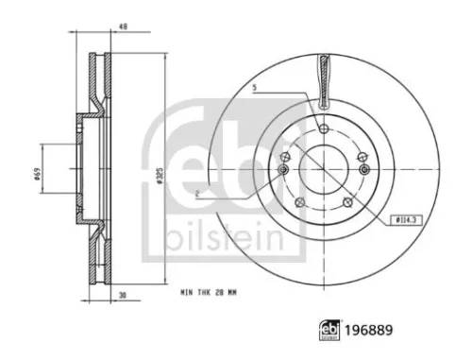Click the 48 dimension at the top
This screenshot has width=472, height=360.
point(124,26)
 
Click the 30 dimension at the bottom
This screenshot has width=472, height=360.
point(123,295)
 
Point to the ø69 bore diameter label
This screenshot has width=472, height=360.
point(37,174)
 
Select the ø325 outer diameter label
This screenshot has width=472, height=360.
point(160,177)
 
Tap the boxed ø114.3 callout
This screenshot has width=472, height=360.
point(406,220)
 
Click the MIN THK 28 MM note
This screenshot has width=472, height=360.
point(209,293)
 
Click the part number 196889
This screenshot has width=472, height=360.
point(369,331)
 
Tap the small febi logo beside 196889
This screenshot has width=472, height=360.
point(329,331)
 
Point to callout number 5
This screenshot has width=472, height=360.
point(255,88)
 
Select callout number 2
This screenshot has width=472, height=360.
point(197,195)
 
